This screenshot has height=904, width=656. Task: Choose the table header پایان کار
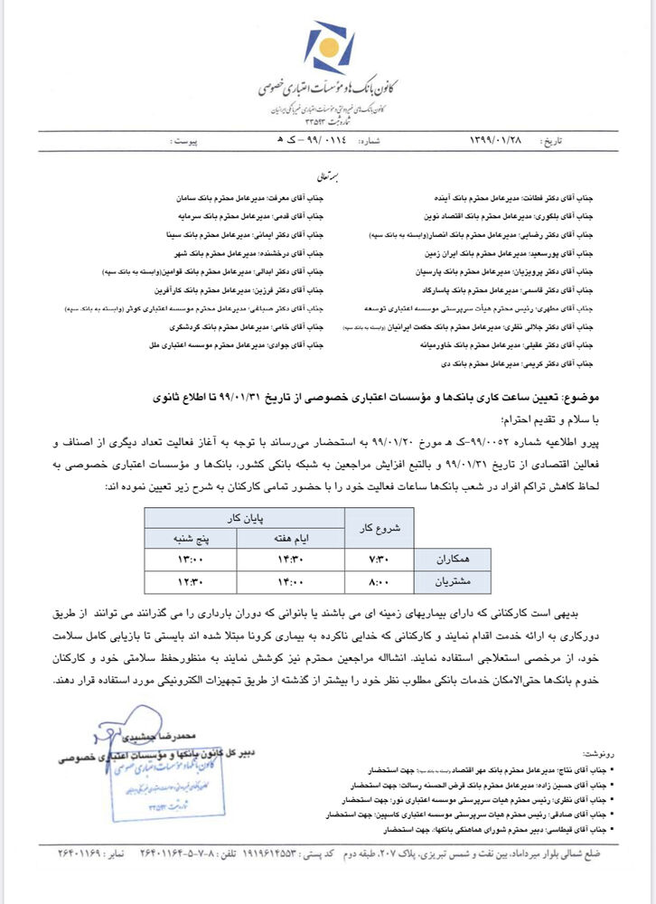tap(246, 518)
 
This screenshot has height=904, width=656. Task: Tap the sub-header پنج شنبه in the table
tap(191, 538)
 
